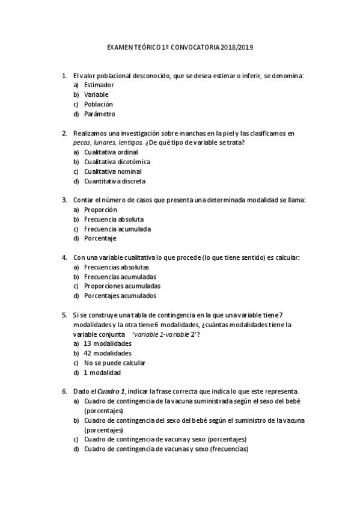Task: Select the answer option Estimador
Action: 99,85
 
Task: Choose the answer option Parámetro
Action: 100,114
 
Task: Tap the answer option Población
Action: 99,104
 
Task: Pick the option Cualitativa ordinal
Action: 111,152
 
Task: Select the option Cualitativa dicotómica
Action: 117,162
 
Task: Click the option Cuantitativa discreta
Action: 115,181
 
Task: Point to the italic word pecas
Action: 81,143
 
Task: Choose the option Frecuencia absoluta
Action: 114,220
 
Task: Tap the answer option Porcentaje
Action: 100,239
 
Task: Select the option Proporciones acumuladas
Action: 122,286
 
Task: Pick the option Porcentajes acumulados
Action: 120,296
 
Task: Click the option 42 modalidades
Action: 108,353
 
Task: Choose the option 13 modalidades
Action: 108,343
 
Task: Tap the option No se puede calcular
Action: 115,363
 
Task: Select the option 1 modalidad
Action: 104,372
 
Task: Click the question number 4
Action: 64,257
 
